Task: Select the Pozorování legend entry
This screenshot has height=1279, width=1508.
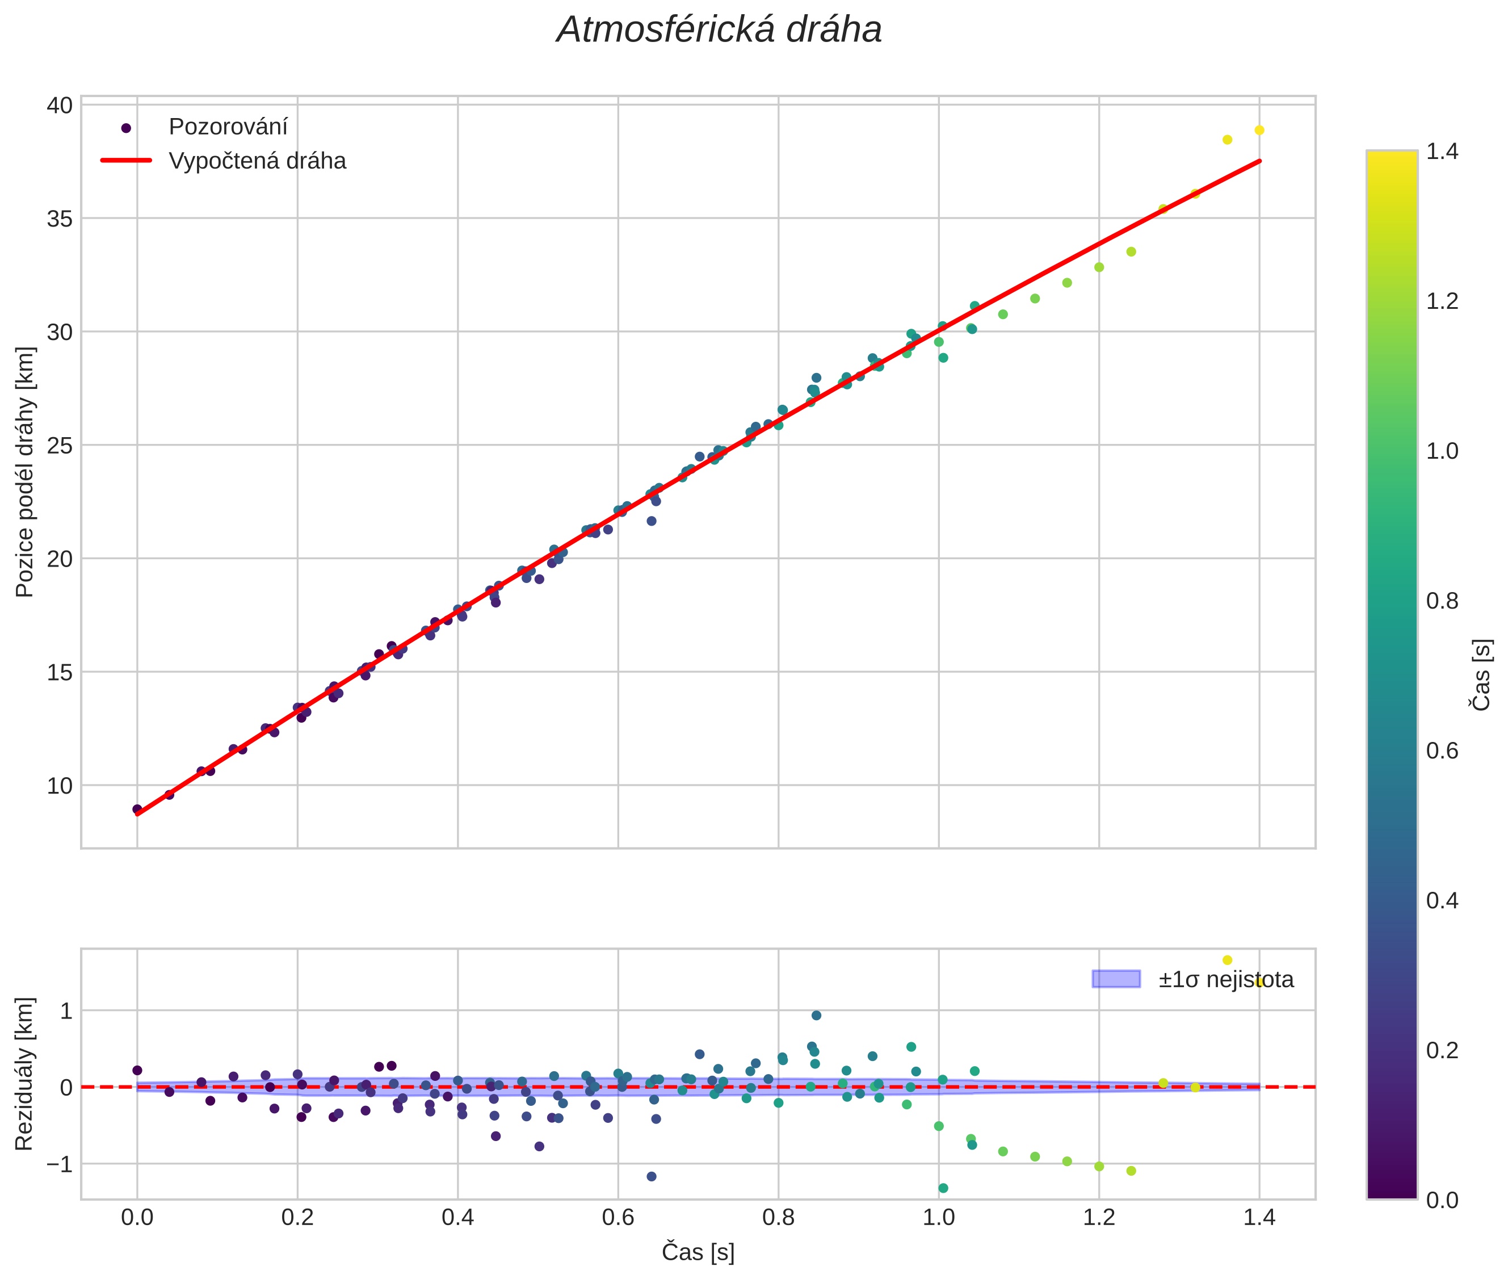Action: pyautogui.click(x=228, y=127)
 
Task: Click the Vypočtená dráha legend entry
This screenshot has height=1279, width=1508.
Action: pyautogui.click(x=257, y=161)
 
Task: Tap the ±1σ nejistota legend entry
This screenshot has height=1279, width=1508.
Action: pyautogui.click(x=1225, y=980)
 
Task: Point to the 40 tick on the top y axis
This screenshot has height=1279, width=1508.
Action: pyautogui.click(x=60, y=106)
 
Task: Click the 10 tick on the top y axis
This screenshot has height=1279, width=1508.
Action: pyautogui.click(x=60, y=786)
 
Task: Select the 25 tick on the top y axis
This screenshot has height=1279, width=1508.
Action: pyautogui.click(x=60, y=446)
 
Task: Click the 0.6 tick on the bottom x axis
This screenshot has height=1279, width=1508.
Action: pyautogui.click(x=618, y=1217)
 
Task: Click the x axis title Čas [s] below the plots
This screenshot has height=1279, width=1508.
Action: pyautogui.click(x=698, y=1252)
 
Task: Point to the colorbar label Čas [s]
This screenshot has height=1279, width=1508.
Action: pyautogui.click(x=1482, y=675)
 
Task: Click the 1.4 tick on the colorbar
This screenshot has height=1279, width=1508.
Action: pyautogui.click(x=1442, y=152)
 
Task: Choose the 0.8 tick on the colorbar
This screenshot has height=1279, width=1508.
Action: pyautogui.click(x=1442, y=601)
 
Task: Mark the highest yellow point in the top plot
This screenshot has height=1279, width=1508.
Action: pyautogui.click(x=1259, y=131)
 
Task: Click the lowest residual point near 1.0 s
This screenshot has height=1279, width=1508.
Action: pyautogui.click(x=943, y=1188)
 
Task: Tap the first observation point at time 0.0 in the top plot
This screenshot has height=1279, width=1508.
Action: pyautogui.click(x=137, y=809)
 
